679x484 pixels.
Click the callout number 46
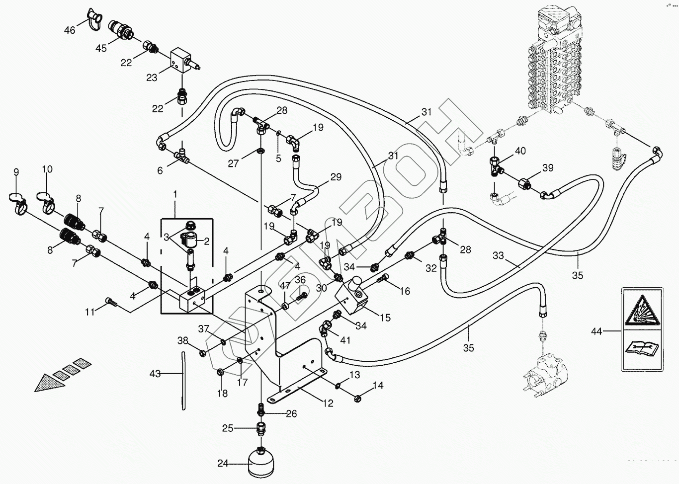(70, 30)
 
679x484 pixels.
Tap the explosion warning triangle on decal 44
(642, 312)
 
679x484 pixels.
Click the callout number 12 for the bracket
(328, 403)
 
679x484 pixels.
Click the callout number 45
(101, 48)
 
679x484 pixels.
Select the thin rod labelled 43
(183, 380)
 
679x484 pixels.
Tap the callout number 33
(498, 256)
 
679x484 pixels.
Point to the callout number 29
(336, 177)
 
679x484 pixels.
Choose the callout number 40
(520, 151)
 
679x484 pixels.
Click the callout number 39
(547, 168)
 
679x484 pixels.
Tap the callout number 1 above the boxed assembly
(174, 193)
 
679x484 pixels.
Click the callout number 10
(47, 169)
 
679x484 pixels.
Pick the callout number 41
(345, 340)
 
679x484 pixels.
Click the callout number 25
(227, 428)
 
